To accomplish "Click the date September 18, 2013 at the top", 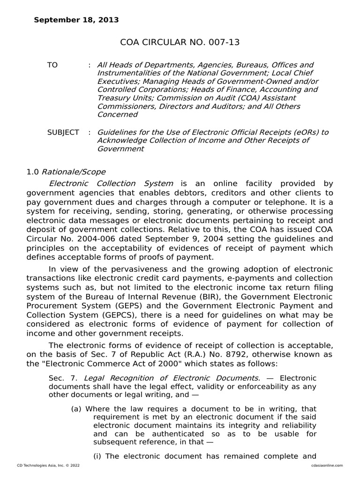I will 76,20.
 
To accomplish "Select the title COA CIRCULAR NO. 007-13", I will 180,42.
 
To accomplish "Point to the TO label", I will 52,65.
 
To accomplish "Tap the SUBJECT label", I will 63,132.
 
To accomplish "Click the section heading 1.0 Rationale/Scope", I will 66,172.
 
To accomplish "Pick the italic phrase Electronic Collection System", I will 111,183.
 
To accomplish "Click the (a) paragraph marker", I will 77,409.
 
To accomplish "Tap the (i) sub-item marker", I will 98,456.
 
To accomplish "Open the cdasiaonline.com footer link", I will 326,465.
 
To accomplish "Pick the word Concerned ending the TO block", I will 117,114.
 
